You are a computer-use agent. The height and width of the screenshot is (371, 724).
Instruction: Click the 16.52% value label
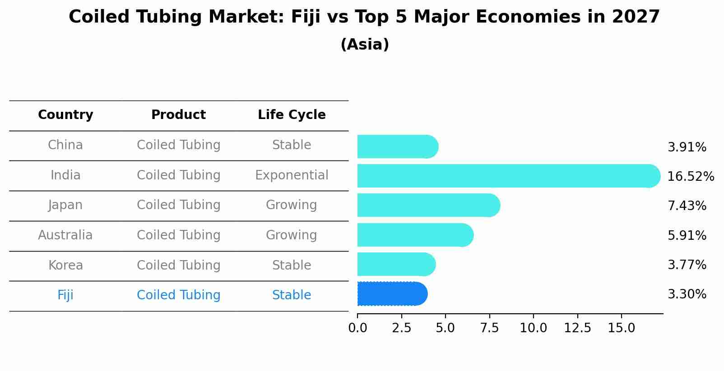690,177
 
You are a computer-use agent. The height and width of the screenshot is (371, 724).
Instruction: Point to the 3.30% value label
687,294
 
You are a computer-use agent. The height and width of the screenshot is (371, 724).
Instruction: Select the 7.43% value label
687,206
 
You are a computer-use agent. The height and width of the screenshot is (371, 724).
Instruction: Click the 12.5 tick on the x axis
577,328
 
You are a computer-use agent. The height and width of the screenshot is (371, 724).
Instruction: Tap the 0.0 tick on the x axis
357,328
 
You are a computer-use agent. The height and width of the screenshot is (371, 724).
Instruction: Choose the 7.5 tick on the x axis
489,328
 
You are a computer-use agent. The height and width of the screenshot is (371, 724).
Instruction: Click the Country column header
65,115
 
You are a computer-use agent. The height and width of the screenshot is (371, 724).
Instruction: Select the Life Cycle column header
292,115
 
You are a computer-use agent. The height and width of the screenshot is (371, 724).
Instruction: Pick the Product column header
178,115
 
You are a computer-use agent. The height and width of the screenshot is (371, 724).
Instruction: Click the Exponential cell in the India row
292,175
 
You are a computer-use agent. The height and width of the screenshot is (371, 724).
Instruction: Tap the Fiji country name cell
65,295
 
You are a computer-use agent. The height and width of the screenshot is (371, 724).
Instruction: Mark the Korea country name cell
65,266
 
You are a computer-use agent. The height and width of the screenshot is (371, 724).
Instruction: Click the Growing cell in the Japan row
292,205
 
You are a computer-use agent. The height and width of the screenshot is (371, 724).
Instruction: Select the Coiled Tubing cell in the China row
178,145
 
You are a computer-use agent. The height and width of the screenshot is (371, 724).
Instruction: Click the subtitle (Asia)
365,45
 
